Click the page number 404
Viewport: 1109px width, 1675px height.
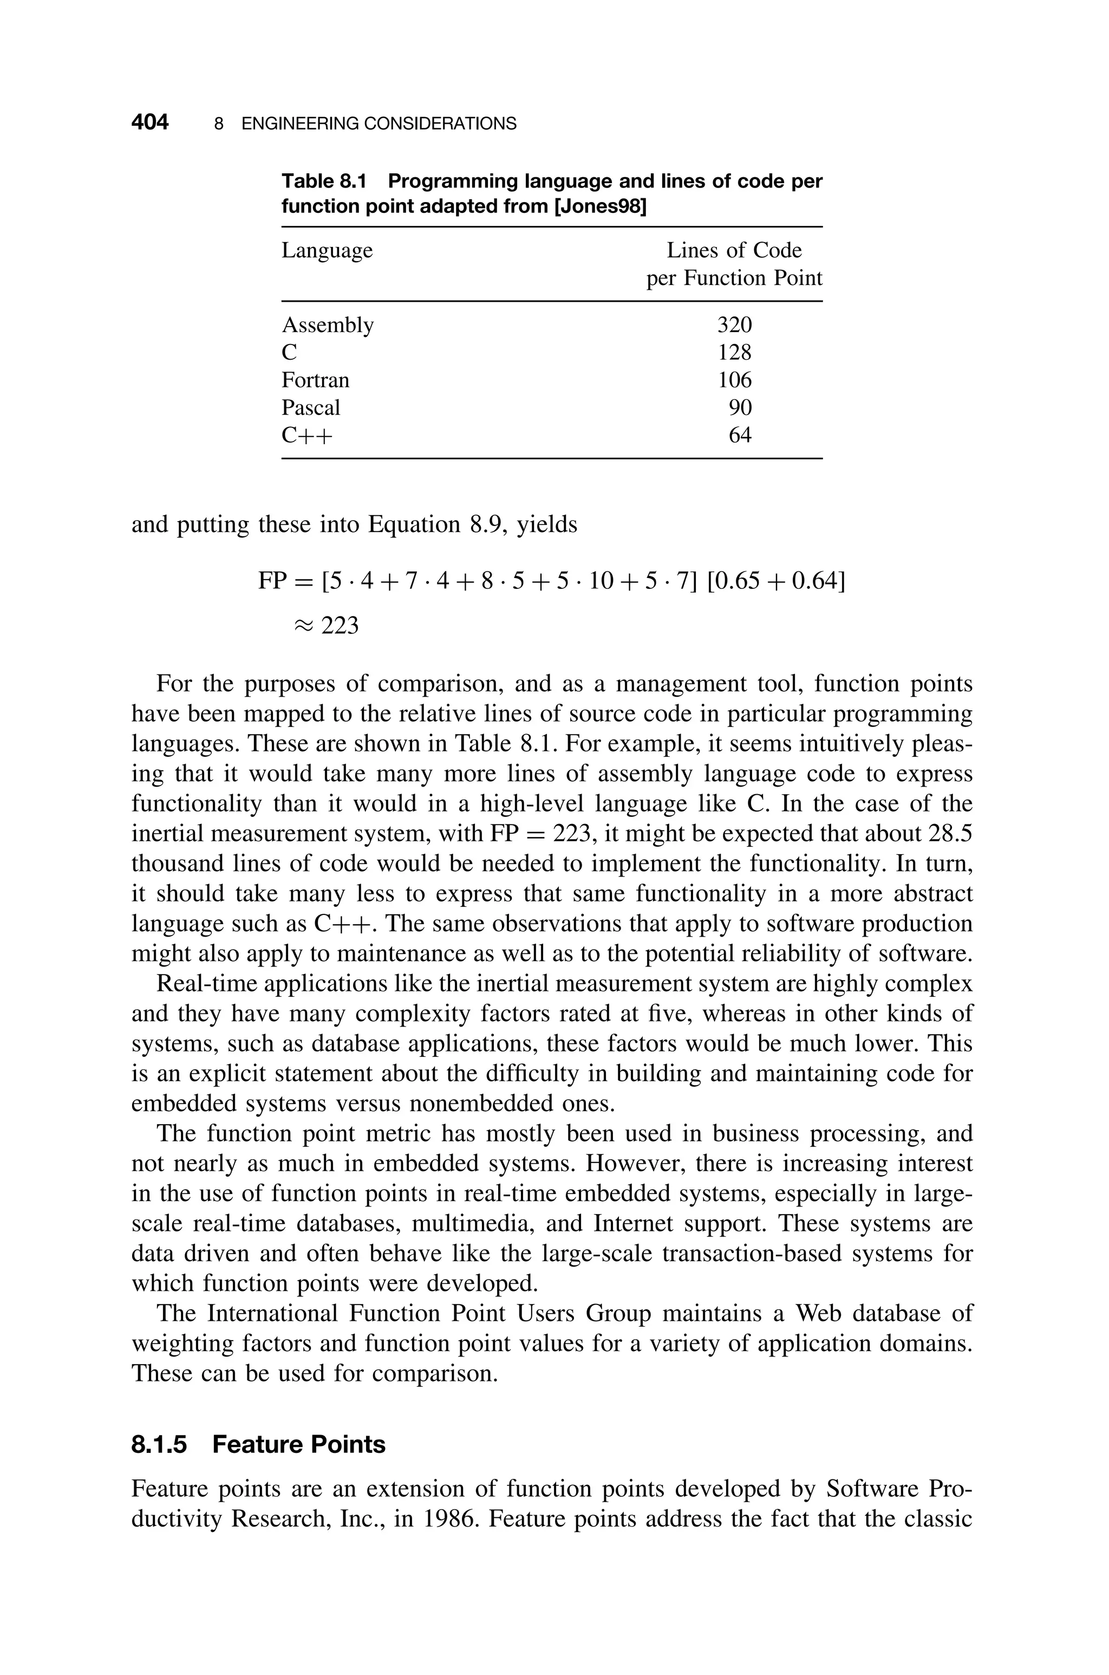click(150, 123)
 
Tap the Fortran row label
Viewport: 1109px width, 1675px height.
click(316, 380)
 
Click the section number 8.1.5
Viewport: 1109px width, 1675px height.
click(159, 1444)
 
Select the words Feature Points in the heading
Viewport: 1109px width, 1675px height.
click(298, 1444)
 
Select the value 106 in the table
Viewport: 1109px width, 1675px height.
click(734, 380)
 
